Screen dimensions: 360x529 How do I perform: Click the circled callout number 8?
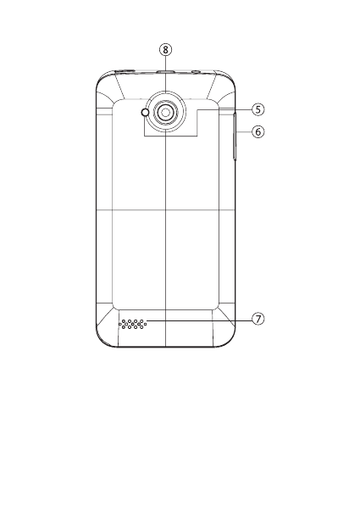[x=165, y=49]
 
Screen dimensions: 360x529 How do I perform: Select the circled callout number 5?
[x=258, y=109]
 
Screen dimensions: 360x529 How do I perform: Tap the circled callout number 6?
[x=258, y=131]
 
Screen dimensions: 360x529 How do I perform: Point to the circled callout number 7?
[x=258, y=319]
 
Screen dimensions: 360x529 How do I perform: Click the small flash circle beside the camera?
[x=146, y=113]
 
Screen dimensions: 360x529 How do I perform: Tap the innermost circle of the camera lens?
[x=165, y=113]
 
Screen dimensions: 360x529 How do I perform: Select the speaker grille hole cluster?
[x=132, y=324]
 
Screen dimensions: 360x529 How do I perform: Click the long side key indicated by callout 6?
[x=235, y=136]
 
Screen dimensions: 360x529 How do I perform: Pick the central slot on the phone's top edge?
[x=165, y=71]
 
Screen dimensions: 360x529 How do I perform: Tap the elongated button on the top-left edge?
[x=125, y=71]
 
